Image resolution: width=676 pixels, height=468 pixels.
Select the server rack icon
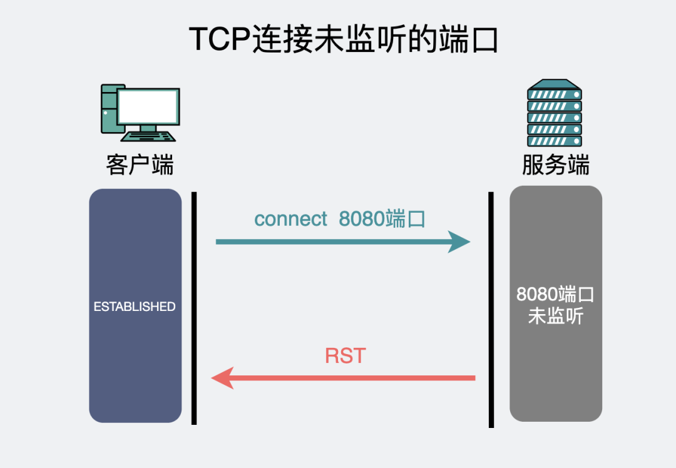[x=554, y=113]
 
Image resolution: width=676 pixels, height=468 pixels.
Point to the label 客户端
[x=140, y=165]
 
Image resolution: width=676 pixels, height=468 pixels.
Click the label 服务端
[x=555, y=165]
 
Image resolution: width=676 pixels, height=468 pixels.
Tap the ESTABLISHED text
[x=135, y=307]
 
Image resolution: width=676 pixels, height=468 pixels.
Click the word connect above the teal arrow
[x=290, y=219]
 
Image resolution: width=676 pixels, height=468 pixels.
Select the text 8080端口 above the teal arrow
[x=382, y=219]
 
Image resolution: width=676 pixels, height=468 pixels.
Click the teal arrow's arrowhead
[x=460, y=242]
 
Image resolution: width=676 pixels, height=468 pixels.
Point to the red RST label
[x=345, y=356]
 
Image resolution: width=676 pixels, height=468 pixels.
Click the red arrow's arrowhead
[x=223, y=378]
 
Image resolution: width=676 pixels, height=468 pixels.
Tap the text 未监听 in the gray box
[x=555, y=316]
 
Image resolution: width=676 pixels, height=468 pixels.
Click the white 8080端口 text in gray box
[x=555, y=294]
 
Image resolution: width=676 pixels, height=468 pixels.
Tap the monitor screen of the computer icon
[x=148, y=107]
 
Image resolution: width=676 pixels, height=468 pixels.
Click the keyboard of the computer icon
[x=149, y=136]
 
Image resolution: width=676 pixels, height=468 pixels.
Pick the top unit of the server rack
[x=554, y=94]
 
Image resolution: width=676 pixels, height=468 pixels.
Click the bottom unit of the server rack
[x=554, y=141]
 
